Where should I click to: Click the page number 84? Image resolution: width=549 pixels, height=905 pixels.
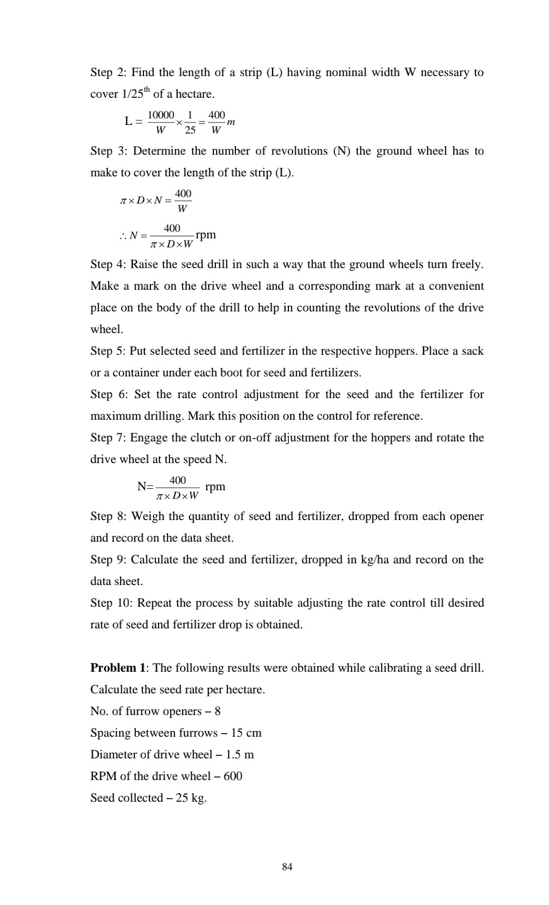click(x=287, y=866)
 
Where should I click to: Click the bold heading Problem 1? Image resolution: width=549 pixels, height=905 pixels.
click(x=118, y=668)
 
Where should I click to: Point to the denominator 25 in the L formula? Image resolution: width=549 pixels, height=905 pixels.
click(x=190, y=130)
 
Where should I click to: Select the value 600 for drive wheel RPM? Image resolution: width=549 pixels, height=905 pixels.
click(x=233, y=776)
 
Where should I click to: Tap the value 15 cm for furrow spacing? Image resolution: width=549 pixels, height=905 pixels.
click(x=246, y=733)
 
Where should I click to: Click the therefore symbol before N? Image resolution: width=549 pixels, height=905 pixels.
click(x=123, y=235)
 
